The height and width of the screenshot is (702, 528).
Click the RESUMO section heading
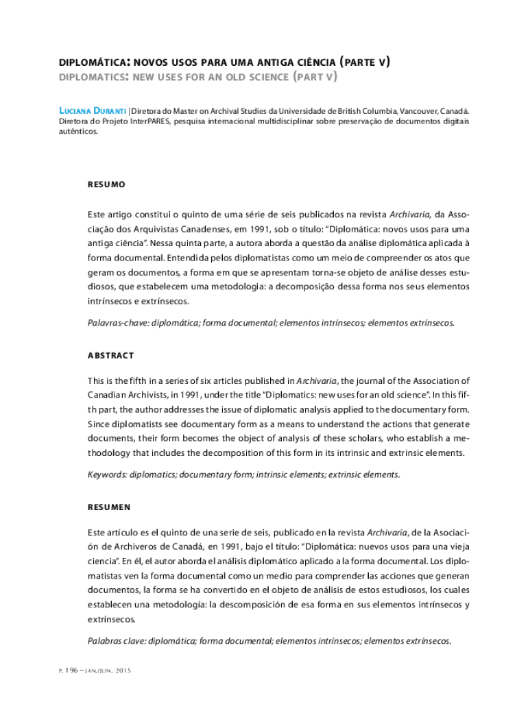[x=106, y=185]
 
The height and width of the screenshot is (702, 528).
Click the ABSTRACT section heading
[x=110, y=355]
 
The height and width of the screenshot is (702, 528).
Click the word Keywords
[x=107, y=474]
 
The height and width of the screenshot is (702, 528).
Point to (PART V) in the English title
[x=314, y=77]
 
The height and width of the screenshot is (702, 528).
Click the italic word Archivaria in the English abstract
[x=317, y=381]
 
